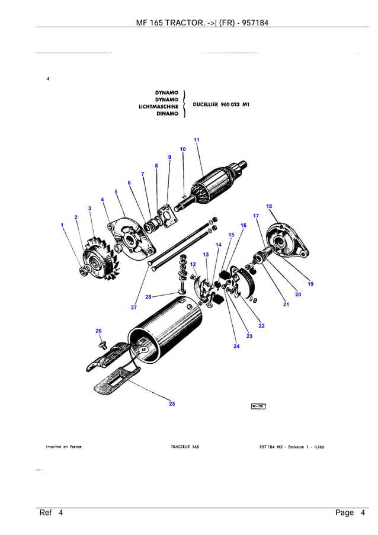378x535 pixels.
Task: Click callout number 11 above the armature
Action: [x=196, y=140]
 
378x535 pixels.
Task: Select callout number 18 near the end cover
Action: [x=269, y=206]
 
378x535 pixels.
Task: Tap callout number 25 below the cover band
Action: [x=172, y=403]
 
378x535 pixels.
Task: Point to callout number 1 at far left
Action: [x=62, y=225]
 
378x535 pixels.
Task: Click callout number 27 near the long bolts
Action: [x=134, y=307]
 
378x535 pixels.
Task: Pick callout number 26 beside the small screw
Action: [x=98, y=331]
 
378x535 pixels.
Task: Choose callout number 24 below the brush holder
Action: [x=236, y=346]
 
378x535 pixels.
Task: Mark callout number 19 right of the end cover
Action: [x=310, y=284]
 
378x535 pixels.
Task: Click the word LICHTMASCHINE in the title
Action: [x=158, y=107]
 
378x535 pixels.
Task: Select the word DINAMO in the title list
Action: [x=168, y=114]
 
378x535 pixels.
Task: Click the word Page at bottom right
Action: [x=344, y=512]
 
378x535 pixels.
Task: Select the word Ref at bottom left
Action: [x=46, y=512]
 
